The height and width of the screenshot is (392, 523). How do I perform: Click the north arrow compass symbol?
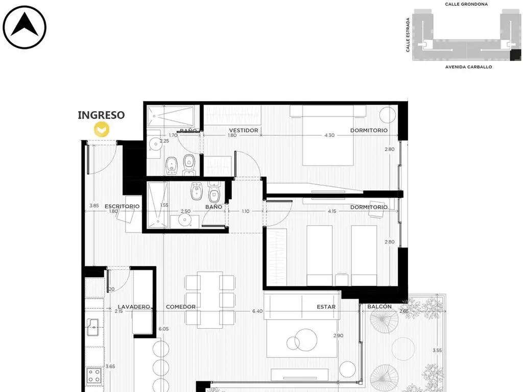[x=25, y=28]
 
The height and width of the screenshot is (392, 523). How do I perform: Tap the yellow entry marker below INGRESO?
[x=102, y=129]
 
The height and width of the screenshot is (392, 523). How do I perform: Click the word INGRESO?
[x=101, y=115]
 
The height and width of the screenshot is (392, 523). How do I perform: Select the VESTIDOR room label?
[x=244, y=130]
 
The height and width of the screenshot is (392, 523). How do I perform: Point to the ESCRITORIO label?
[x=122, y=206]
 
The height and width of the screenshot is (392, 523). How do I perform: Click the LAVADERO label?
[x=134, y=307]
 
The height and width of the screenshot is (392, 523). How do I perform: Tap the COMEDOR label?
[x=181, y=307]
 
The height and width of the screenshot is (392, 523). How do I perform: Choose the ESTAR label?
[x=326, y=307]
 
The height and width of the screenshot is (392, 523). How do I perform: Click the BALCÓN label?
[x=379, y=306]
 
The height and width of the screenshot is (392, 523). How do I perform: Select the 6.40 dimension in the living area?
[x=257, y=311]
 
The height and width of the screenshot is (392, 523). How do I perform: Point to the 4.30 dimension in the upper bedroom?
[x=329, y=135]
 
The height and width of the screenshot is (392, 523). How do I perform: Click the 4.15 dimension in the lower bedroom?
[x=332, y=211]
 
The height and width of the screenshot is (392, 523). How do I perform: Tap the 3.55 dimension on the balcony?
[x=437, y=350]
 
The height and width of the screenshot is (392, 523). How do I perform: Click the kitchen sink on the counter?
[x=93, y=327]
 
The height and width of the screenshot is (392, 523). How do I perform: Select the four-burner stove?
[x=94, y=375]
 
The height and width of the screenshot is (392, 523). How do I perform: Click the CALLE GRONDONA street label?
[x=466, y=4]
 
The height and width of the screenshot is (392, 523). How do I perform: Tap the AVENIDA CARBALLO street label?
[x=469, y=67]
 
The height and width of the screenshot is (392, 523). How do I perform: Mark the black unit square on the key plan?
[x=515, y=55]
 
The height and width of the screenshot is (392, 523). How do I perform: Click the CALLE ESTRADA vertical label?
[x=408, y=35]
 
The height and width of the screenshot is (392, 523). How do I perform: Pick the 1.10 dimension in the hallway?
[x=246, y=211]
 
